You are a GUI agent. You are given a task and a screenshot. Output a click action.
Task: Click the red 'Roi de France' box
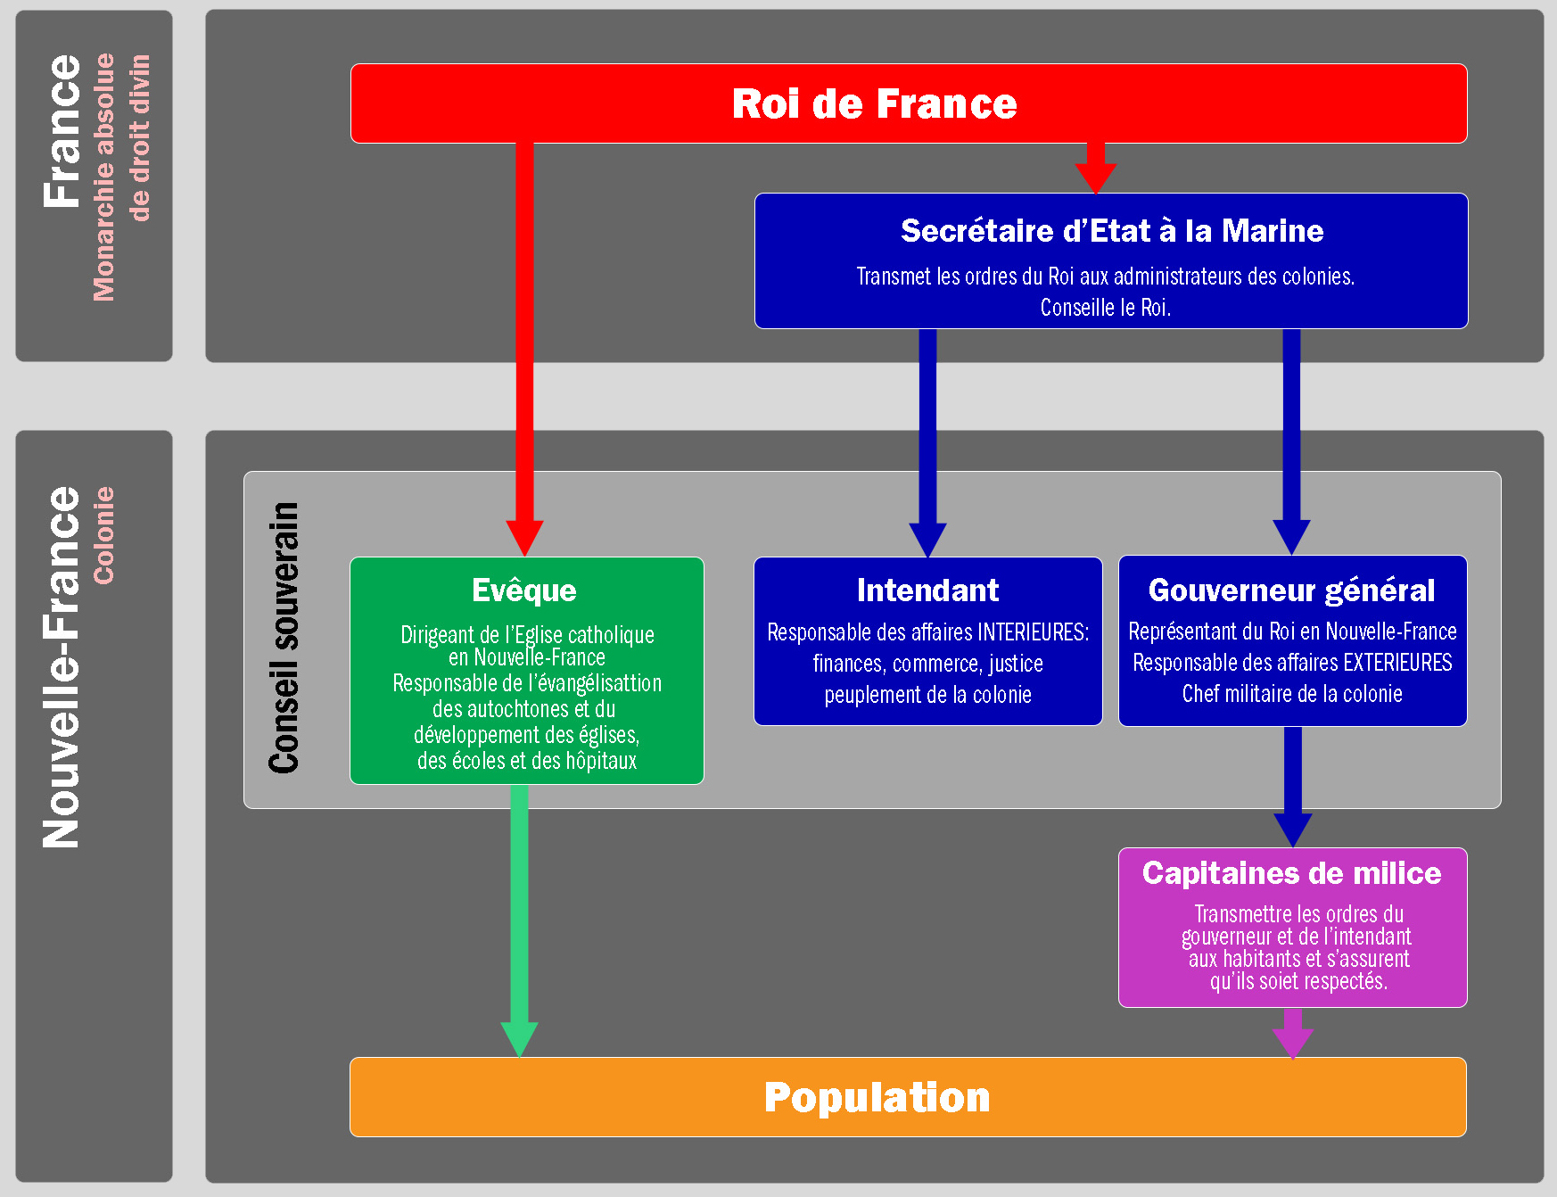pos(908,103)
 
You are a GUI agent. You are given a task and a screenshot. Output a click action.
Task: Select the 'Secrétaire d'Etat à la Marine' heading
pos(1111,231)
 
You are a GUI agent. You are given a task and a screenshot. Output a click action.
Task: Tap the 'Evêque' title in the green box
pos(524,590)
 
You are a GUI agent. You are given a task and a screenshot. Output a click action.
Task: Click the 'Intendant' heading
pos(927,590)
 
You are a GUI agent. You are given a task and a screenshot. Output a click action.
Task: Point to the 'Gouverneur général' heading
pos(1291,590)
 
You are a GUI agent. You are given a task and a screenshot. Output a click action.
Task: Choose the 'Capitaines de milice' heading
pos(1291,873)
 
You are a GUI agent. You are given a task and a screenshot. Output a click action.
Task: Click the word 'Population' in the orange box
pos(877,1097)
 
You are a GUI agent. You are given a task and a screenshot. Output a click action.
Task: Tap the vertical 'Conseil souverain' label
pos(284,638)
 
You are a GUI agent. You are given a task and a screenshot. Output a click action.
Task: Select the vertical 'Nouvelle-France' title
pos(62,667)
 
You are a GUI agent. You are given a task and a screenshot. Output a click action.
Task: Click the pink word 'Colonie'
pos(104,535)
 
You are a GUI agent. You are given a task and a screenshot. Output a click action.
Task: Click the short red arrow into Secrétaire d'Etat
pos(1095,169)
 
